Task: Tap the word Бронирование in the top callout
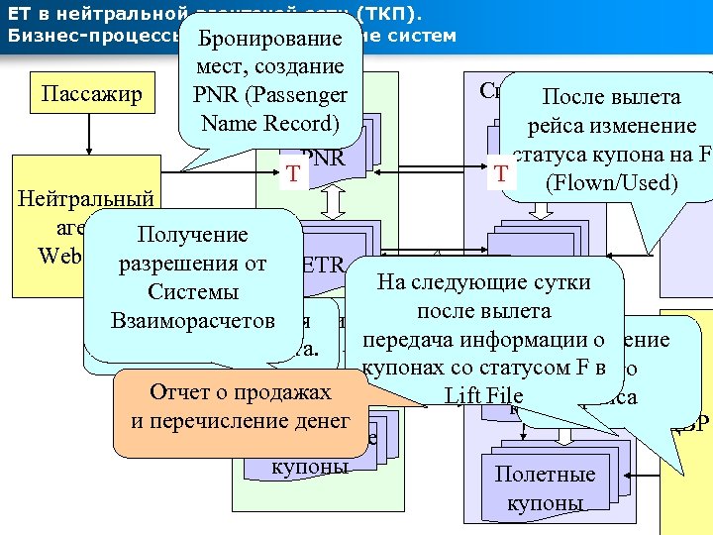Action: (x=269, y=40)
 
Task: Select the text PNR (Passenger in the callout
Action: (x=270, y=96)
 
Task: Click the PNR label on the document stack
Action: (x=323, y=159)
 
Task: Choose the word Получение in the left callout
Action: (x=192, y=236)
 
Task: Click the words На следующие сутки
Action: (x=485, y=282)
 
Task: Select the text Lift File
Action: (x=484, y=396)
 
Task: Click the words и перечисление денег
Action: (x=241, y=421)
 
